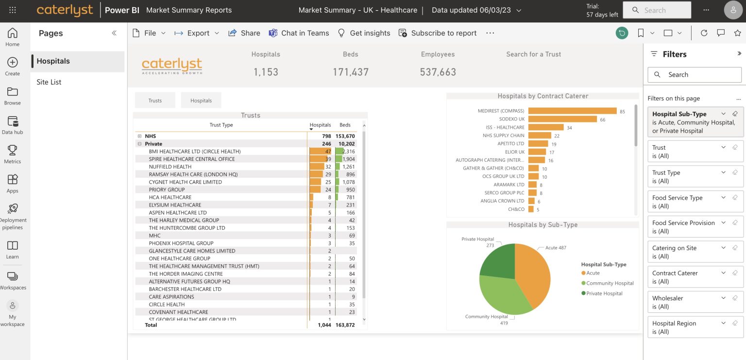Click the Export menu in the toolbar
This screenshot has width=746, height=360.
click(197, 33)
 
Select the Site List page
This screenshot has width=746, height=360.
click(49, 82)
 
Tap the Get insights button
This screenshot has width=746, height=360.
click(364, 33)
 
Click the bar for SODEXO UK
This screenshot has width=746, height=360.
click(562, 119)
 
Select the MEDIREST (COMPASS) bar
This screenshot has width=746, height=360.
click(572, 111)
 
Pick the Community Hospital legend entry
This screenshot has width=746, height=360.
click(610, 283)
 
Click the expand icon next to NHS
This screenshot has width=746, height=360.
click(139, 136)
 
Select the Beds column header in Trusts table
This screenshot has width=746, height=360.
click(345, 125)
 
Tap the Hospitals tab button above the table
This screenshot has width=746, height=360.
click(201, 101)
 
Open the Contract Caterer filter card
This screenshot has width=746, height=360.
click(695, 277)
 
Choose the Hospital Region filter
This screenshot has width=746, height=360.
click(695, 327)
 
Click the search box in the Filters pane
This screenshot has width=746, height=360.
click(695, 75)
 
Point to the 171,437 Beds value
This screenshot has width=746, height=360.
click(350, 72)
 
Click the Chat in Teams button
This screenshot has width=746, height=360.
click(299, 33)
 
